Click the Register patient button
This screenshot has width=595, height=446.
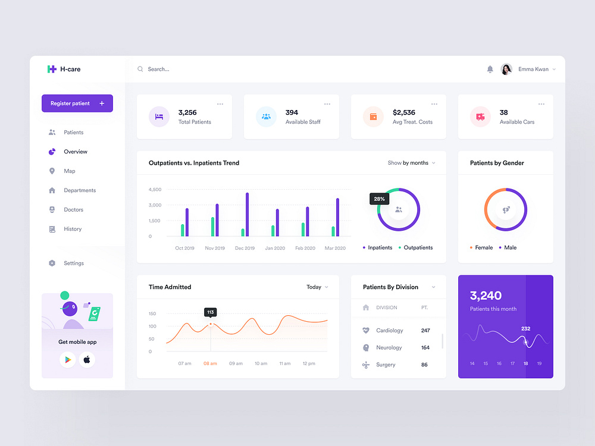point(77,103)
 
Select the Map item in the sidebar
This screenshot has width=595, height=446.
point(70,171)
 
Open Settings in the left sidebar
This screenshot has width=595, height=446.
point(74,263)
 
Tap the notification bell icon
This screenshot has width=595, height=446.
point(490,70)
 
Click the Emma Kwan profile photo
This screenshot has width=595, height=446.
point(506,70)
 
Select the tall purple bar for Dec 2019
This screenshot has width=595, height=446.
point(247,214)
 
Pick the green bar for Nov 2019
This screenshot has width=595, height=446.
point(212,227)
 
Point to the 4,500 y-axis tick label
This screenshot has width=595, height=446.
point(155,190)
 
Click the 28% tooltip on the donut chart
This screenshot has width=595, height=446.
point(379,199)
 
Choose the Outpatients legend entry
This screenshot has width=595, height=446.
point(418,247)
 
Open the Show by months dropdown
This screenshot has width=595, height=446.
point(411,163)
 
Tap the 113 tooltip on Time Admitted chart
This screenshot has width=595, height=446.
point(210,312)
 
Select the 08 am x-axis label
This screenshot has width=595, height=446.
point(210,363)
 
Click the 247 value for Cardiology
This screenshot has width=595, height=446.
point(425,331)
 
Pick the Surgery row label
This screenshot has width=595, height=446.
point(386,365)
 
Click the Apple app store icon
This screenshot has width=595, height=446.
point(87,360)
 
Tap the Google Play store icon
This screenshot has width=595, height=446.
point(67,360)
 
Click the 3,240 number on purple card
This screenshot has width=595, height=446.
point(486,296)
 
